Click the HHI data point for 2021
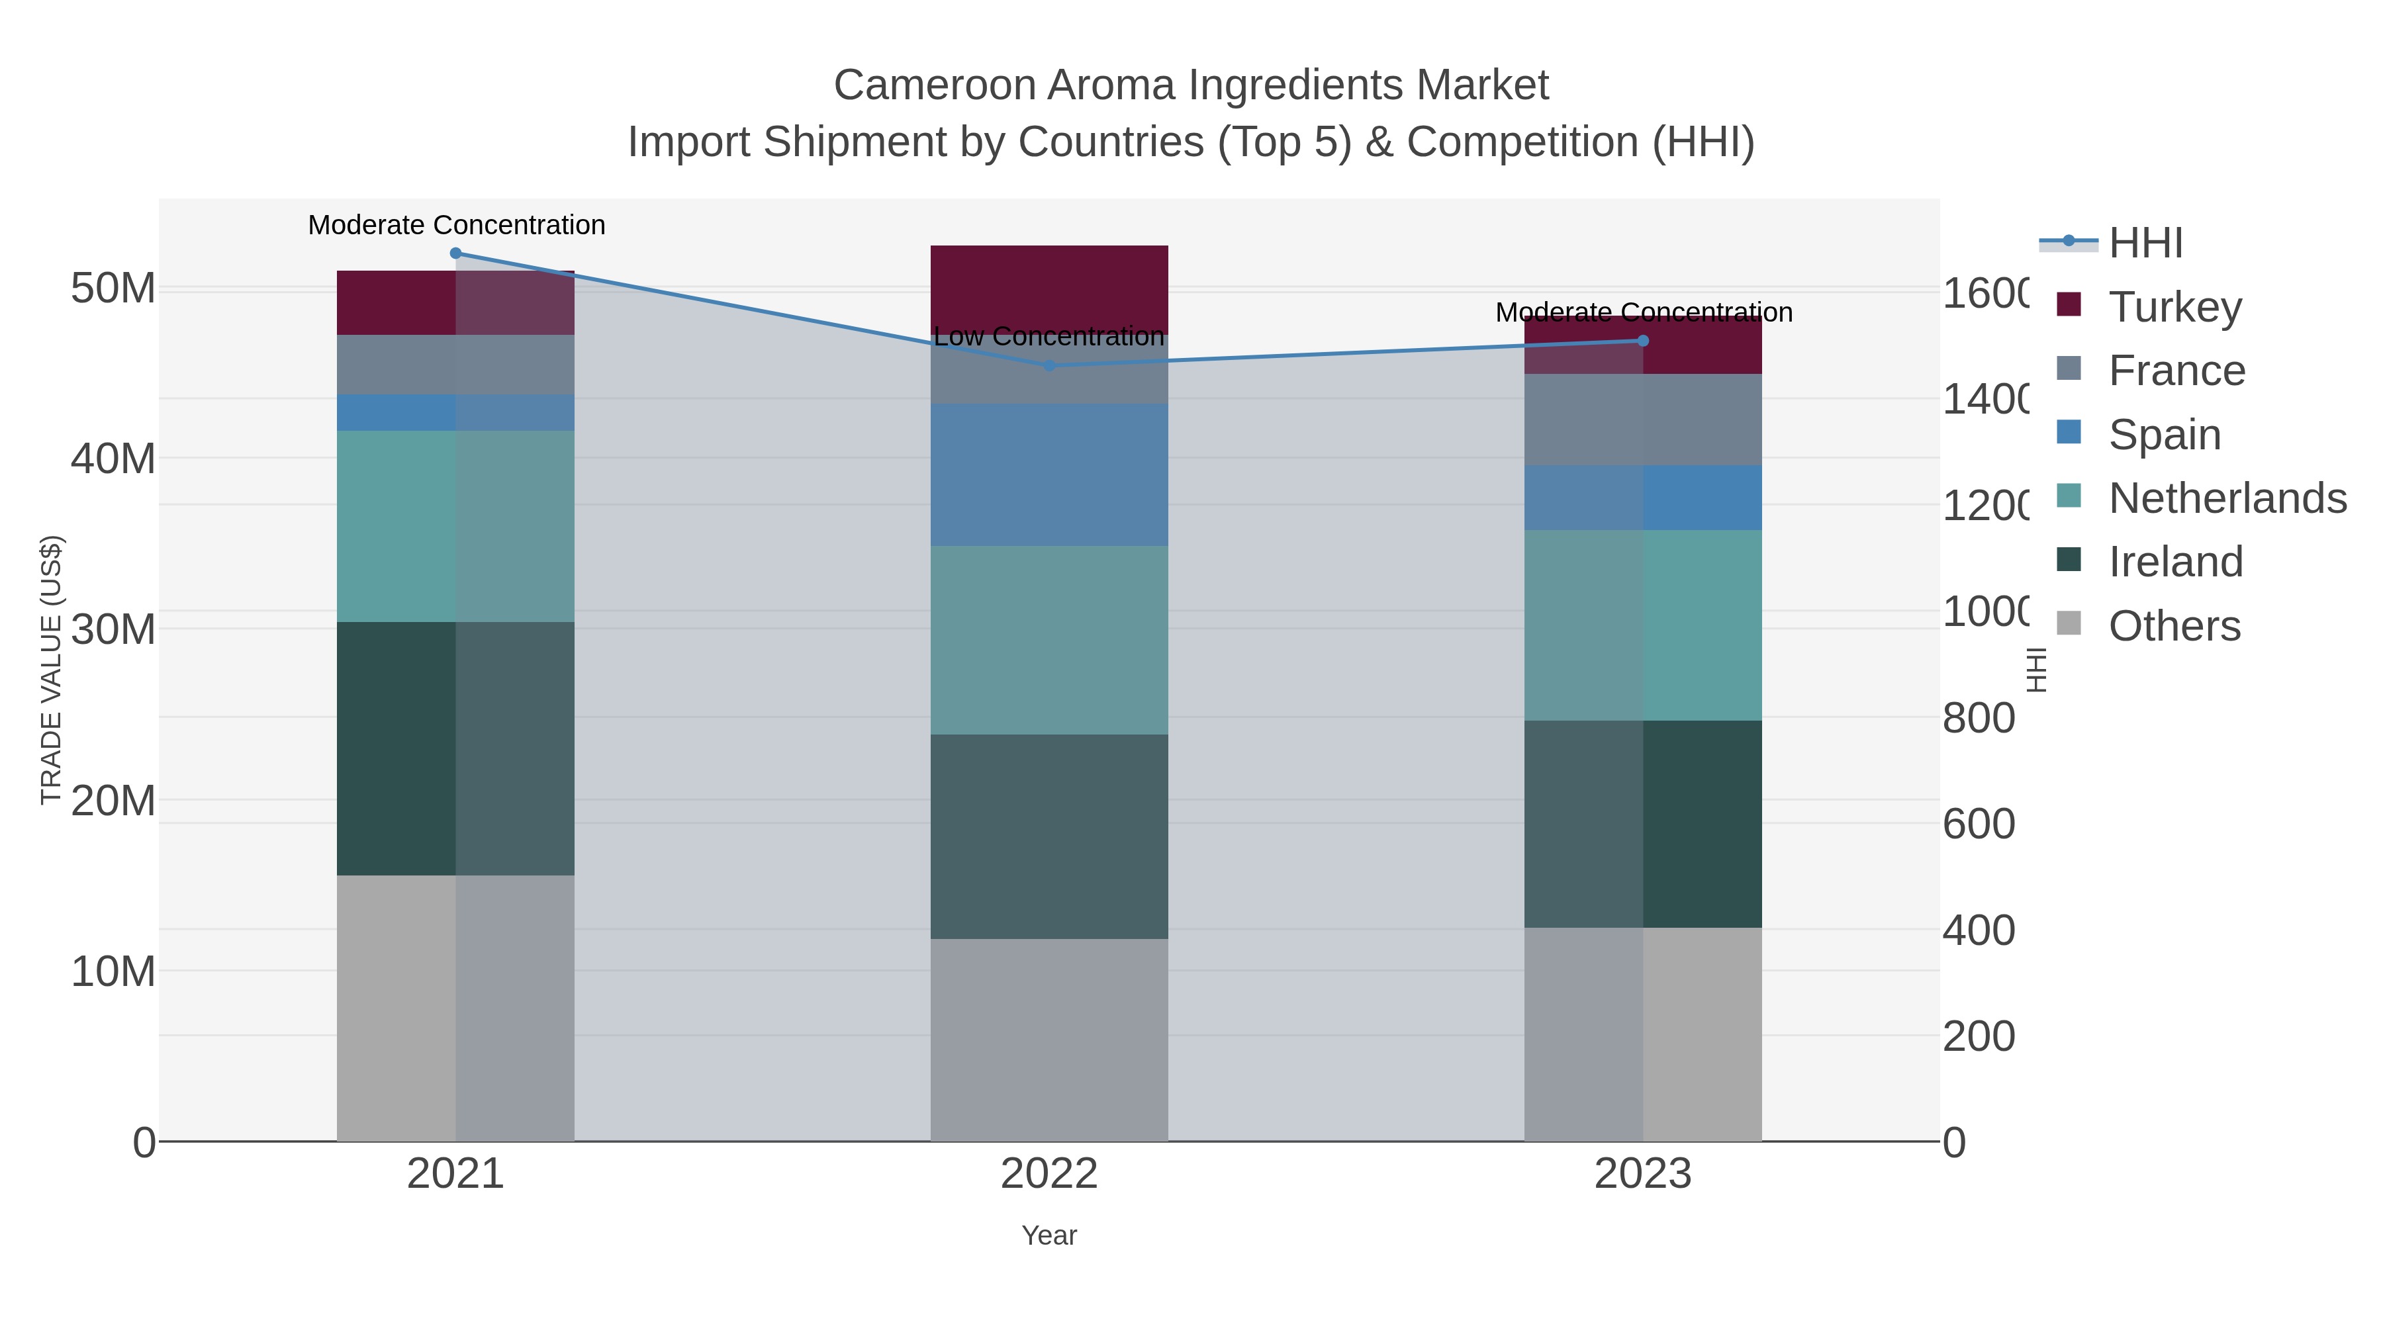pyautogui.click(x=455, y=253)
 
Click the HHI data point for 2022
pyautogui.click(x=1049, y=365)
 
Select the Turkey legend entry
pyautogui.click(x=2174, y=307)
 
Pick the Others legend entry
pyautogui.click(x=2174, y=626)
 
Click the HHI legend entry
pyautogui.click(x=2145, y=244)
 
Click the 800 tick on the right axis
pyautogui.click(x=1978, y=717)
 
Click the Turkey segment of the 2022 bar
pyautogui.click(x=1049, y=289)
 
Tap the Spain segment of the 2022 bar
pyautogui.click(x=1049, y=474)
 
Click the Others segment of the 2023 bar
pyautogui.click(x=1643, y=1034)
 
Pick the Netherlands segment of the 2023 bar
pyautogui.click(x=1643, y=625)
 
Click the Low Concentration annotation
pyautogui.click(x=1049, y=337)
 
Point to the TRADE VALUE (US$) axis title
pyautogui.click(x=52, y=670)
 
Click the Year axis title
pyautogui.click(x=1049, y=1235)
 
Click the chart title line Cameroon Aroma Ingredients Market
pyautogui.click(x=1191, y=85)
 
